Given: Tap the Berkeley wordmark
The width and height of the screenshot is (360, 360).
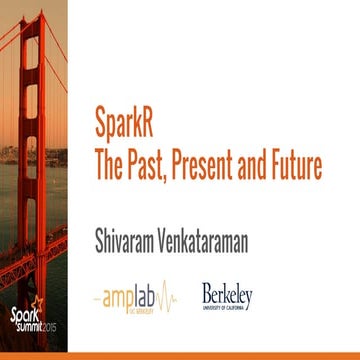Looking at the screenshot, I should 227,293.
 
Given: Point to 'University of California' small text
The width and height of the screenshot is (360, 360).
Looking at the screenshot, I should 227,306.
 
